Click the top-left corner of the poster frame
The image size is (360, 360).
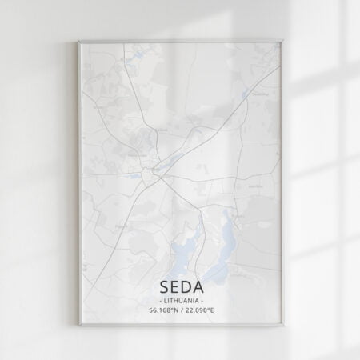(79, 42)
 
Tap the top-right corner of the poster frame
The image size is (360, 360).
(282, 41)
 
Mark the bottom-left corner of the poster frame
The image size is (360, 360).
(79, 325)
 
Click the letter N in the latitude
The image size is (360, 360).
(174, 310)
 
